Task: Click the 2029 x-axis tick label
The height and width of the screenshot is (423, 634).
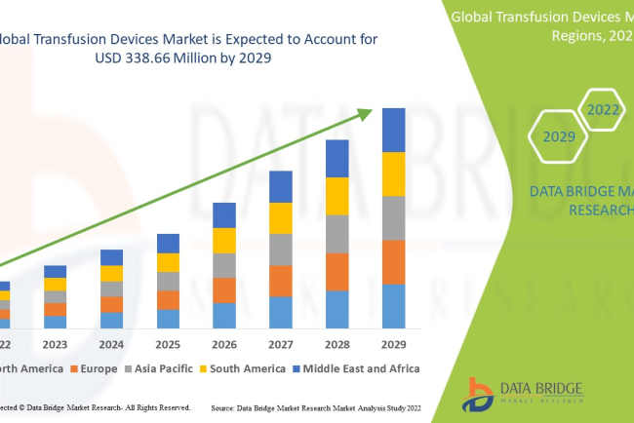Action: tap(393, 344)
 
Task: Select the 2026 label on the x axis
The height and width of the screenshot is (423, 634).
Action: tap(224, 344)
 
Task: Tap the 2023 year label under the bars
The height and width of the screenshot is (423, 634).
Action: tap(56, 344)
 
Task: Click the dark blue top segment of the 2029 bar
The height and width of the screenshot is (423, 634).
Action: tap(393, 130)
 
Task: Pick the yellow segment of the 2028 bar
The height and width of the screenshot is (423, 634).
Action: tap(337, 196)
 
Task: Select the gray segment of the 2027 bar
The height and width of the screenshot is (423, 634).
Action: tap(281, 249)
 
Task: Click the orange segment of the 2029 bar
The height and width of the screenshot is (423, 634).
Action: tap(393, 261)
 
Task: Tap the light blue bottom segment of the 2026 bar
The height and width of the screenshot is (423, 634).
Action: tap(224, 315)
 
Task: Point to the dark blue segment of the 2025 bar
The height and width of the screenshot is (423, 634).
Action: tap(168, 243)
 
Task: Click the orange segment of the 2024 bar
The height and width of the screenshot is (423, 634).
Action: tap(112, 304)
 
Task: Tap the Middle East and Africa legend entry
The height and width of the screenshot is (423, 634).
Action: tap(357, 368)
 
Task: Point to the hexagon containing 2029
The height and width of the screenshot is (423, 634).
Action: tap(559, 137)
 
